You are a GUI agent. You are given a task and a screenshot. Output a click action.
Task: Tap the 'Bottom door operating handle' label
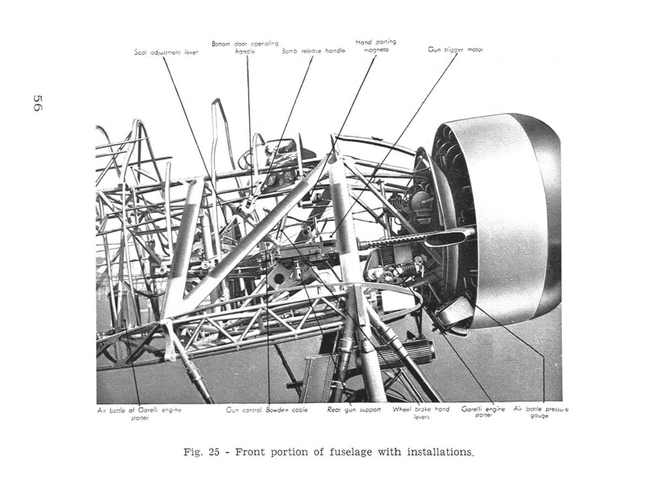coord(245,47)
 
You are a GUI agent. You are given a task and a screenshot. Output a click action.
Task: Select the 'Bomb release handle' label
coord(313,51)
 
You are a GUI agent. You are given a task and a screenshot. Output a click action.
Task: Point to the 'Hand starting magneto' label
coord(376,45)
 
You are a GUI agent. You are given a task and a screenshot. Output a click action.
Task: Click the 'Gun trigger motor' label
coord(455,50)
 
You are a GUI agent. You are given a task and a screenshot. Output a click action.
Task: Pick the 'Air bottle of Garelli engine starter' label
coord(139,413)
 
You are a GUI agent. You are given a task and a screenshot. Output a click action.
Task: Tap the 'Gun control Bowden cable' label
coord(267,410)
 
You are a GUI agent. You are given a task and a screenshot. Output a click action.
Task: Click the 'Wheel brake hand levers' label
coord(421,413)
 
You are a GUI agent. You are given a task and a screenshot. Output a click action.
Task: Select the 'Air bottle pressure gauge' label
coord(540,412)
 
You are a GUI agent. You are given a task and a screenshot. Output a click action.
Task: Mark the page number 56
coord(37,103)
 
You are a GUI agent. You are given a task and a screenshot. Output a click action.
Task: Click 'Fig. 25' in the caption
coord(202,452)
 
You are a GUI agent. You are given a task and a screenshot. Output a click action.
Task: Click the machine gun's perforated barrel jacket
coord(394,240)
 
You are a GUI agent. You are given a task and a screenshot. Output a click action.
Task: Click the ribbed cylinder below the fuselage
coord(405,353)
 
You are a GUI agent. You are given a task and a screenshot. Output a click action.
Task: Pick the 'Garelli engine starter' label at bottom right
coord(483,412)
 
